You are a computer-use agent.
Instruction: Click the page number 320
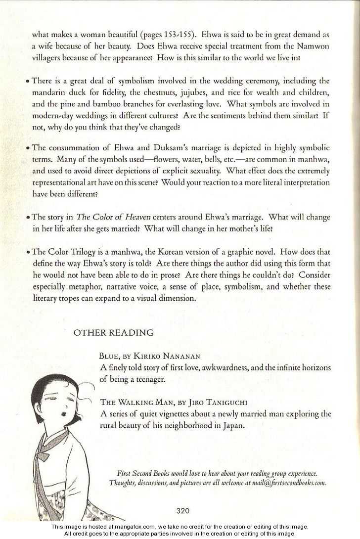pyautogui.click(x=182, y=511)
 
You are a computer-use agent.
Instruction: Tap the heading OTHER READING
pyautogui.click(x=113, y=332)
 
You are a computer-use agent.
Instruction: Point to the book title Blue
pyautogui.click(x=108, y=356)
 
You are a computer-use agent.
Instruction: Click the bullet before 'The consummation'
pyautogui.click(x=29, y=148)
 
